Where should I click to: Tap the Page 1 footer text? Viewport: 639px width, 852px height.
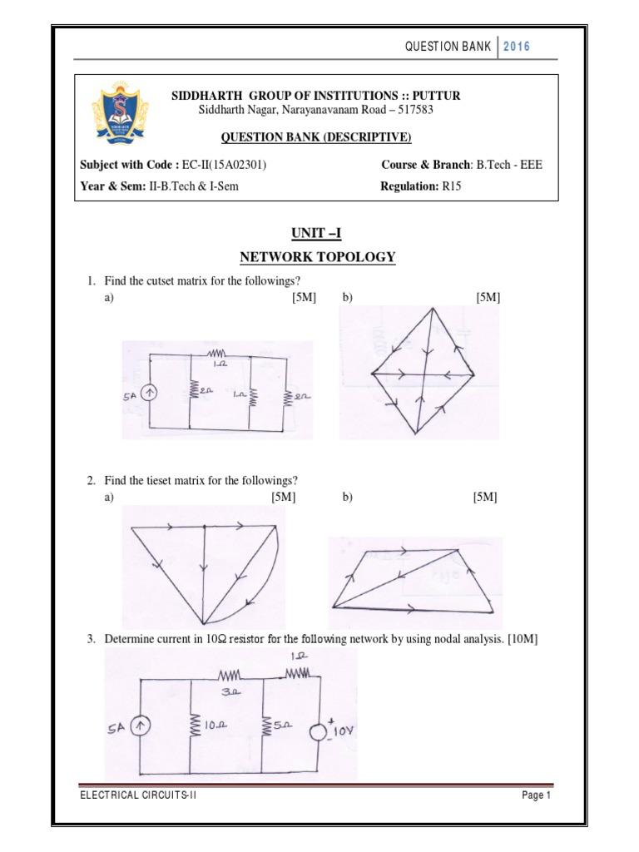tap(537, 795)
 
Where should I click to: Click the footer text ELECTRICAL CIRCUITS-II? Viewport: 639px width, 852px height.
tap(138, 795)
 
